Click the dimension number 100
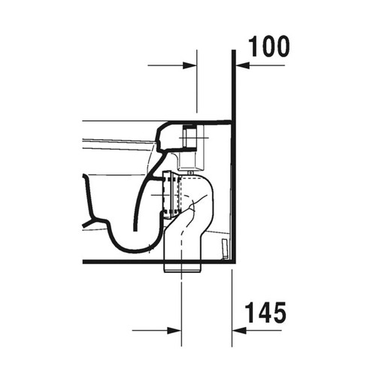click(269, 46)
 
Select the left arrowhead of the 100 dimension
click(191, 66)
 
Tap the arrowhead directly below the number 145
click(238, 329)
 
